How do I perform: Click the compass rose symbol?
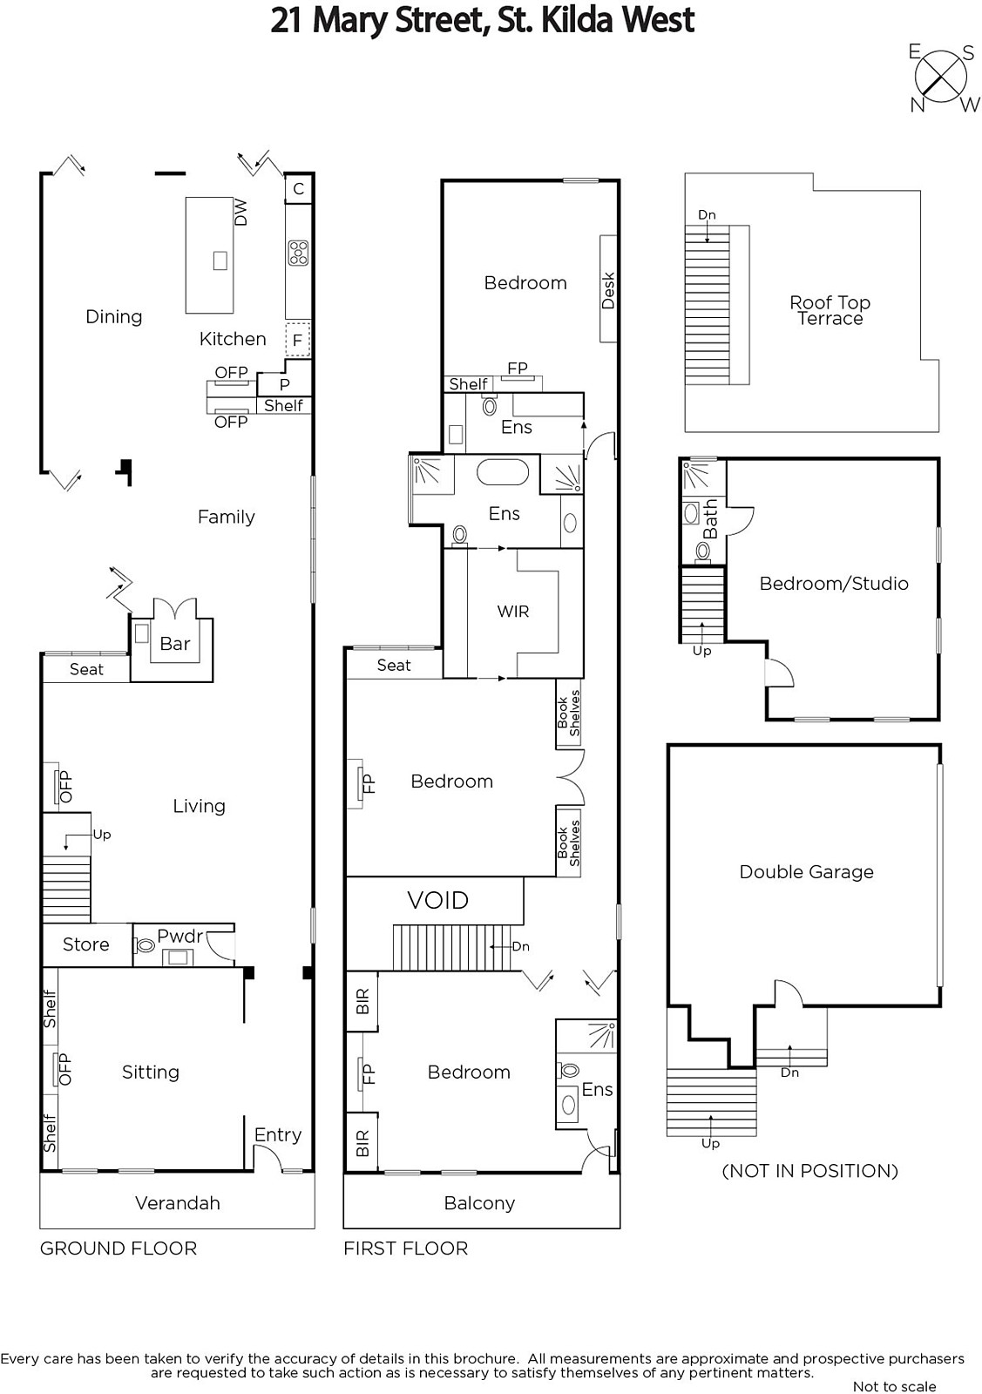pos(941,78)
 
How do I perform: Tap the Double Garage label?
pos(806,871)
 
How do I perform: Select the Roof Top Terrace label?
pos(830,310)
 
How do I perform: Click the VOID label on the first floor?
pos(437,900)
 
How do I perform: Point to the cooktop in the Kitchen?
pos(298,253)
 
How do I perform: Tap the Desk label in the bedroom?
pos(608,290)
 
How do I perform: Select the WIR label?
pos(512,611)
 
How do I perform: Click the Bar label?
pos(175,644)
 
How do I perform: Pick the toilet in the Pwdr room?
pos(145,946)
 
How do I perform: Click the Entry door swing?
pos(269,1158)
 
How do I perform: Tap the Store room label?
pos(86,944)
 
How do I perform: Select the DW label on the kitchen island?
pos(240,212)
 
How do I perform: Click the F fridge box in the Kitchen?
pos(297,340)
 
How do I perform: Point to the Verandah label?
pos(178,1202)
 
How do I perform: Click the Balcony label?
pos(479,1203)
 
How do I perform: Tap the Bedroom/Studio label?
pos(834,583)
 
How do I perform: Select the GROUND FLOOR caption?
pos(119,1248)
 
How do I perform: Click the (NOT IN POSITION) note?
pos(809,1171)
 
